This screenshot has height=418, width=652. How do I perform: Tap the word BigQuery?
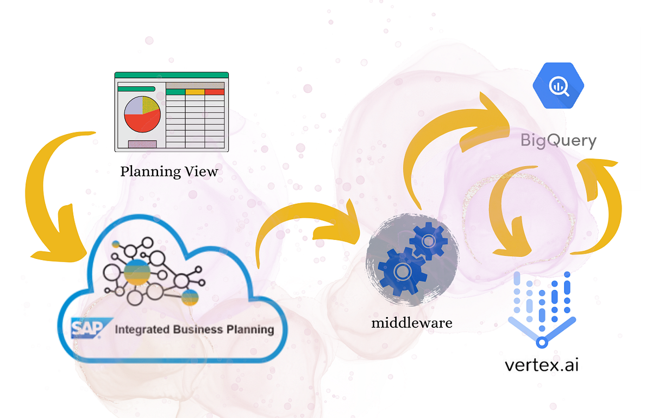(559, 141)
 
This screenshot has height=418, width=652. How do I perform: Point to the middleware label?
(412, 323)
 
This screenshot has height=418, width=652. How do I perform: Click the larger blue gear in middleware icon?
(401, 269)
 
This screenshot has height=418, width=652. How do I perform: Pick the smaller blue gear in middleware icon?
(428, 239)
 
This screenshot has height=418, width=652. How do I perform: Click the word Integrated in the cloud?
(143, 329)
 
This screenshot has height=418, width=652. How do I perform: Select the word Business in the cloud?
(197, 329)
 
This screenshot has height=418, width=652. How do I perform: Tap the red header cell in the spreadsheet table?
(215, 92)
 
